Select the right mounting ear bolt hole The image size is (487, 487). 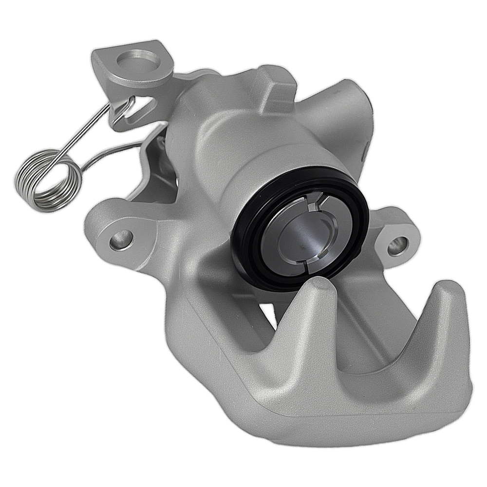coord(398,245)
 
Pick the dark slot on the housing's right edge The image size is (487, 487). coord(364,151)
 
